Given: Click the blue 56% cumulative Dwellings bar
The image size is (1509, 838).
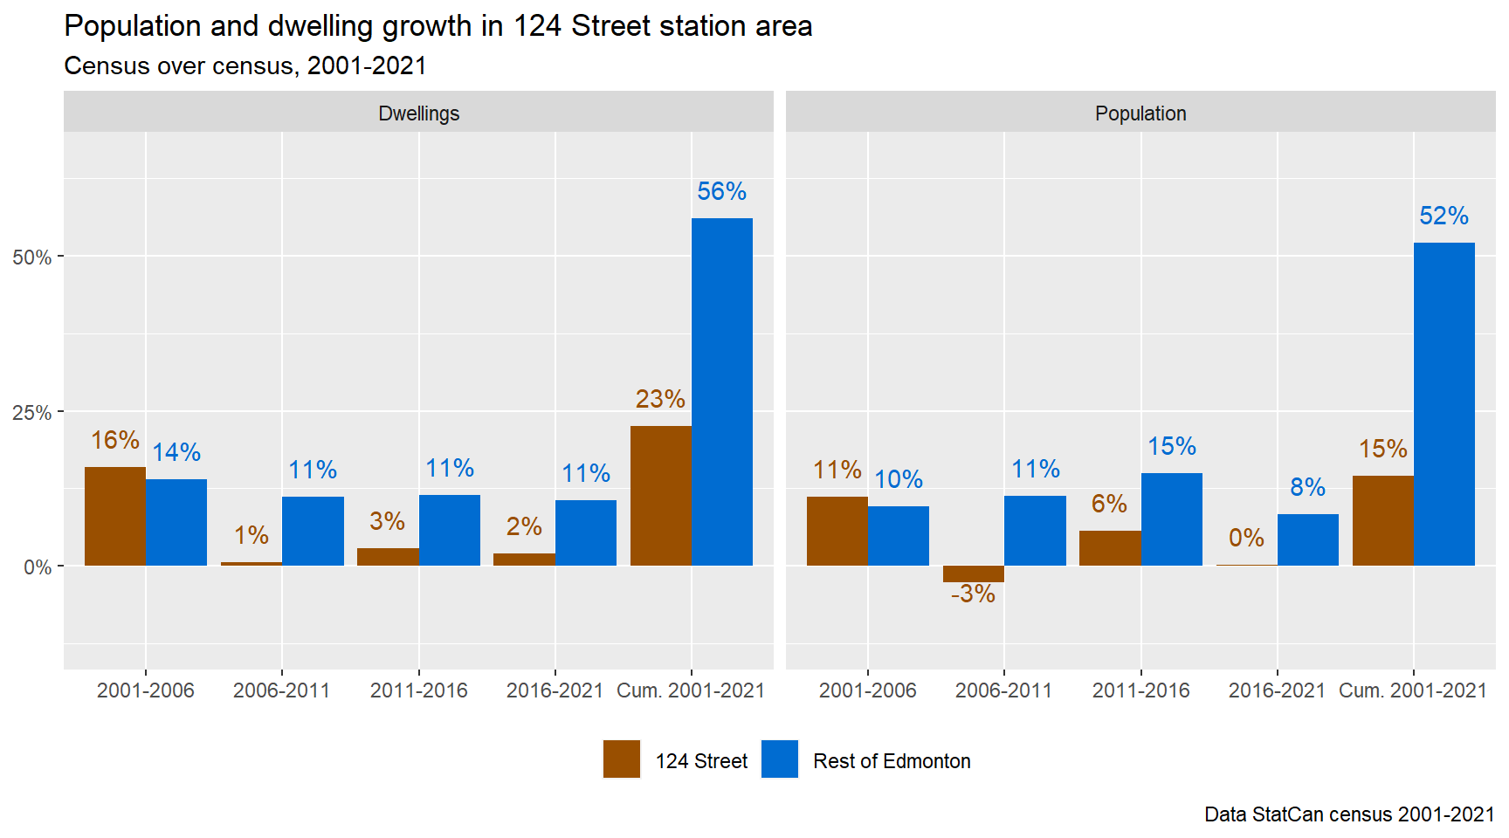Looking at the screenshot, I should click(x=721, y=392).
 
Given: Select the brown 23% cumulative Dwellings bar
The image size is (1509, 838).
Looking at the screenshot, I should click(x=660, y=496).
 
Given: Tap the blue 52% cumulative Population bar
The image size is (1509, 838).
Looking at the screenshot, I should click(x=1444, y=404).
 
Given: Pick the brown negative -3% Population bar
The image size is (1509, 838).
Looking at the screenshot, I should click(x=973, y=574).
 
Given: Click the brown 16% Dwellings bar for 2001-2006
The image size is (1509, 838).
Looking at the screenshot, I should click(x=115, y=516).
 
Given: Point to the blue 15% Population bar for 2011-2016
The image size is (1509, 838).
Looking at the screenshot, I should click(x=1171, y=519).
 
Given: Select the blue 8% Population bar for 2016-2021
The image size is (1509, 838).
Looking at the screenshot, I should click(x=1307, y=539).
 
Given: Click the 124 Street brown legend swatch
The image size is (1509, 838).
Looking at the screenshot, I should click(x=621, y=759).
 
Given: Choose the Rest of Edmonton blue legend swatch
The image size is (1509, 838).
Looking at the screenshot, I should click(x=779, y=759).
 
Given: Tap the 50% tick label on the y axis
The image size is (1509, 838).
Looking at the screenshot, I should click(x=31, y=258).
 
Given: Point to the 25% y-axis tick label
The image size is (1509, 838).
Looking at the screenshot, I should click(x=31, y=413).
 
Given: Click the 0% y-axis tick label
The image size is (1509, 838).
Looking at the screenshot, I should click(x=37, y=567).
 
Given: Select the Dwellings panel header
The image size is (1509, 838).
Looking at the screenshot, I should click(x=418, y=113).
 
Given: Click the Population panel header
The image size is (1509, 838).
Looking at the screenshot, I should click(x=1140, y=113).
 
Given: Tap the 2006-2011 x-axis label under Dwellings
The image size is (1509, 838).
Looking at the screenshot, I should click(x=281, y=690).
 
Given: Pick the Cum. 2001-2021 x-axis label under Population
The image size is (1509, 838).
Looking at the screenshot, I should click(x=1412, y=690).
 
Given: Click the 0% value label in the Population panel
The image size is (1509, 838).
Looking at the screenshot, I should click(x=1246, y=538).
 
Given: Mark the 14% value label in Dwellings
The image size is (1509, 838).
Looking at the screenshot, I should click(x=176, y=452).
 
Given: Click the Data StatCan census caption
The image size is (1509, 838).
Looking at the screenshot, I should click(x=1348, y=814).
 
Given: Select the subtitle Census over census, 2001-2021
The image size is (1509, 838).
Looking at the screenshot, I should click(x=245, y=66).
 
